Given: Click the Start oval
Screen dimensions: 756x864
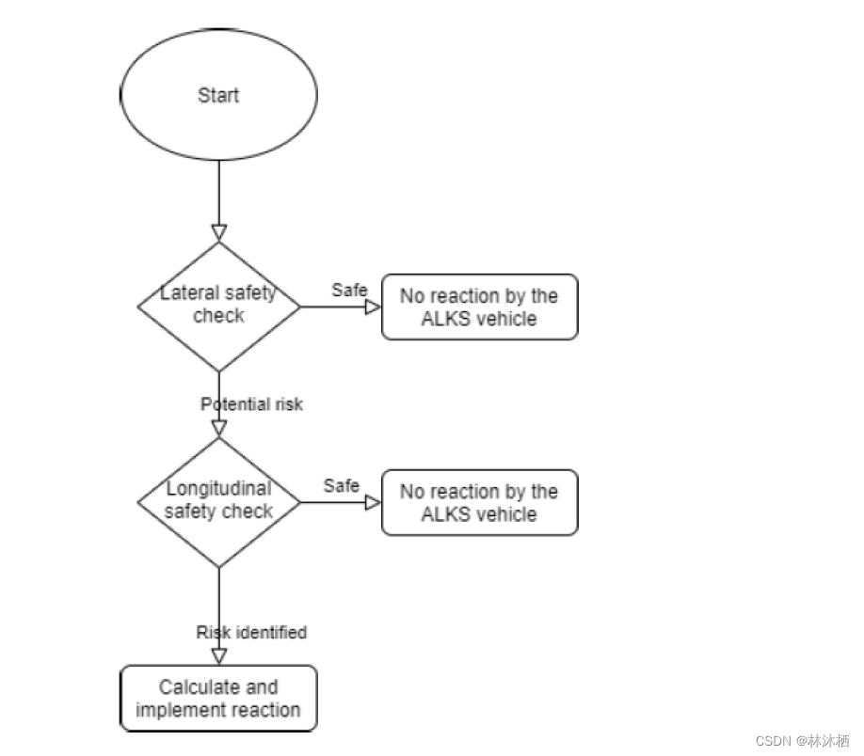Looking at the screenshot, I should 218,95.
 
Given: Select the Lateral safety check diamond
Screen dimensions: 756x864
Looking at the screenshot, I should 218,306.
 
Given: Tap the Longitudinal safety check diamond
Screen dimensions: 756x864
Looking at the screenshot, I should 218,502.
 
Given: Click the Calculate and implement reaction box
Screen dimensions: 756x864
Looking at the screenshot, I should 218,699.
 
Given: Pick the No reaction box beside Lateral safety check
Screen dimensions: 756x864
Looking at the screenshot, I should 479,307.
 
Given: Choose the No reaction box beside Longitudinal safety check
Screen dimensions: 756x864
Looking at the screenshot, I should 479,503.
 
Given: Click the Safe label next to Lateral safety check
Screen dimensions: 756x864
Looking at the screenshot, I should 349,290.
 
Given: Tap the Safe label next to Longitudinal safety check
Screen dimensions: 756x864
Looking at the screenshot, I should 342,485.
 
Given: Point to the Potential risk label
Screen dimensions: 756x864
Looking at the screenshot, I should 251,404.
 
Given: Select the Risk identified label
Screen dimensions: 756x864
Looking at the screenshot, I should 251,632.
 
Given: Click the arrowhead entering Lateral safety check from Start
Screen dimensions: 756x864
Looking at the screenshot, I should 219,232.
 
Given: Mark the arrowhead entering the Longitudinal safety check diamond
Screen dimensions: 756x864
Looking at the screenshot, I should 219,429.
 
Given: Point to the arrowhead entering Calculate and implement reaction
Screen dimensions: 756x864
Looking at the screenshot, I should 219,656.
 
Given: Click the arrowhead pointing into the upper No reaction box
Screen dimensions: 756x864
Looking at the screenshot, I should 373,307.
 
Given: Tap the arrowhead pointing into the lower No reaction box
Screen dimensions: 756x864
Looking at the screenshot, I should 373,503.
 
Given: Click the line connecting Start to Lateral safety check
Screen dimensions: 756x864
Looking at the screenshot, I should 219,193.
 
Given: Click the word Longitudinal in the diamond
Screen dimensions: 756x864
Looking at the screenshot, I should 218,489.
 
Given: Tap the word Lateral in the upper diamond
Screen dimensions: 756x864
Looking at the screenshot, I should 184,293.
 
